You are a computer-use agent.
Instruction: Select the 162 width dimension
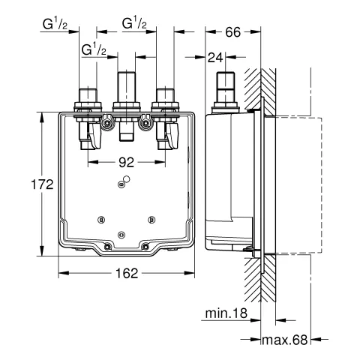click(x=127, y=274)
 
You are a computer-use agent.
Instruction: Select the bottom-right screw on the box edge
click(x=145, y=247)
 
